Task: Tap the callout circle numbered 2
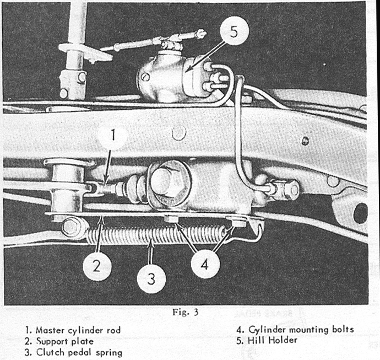[97, 266]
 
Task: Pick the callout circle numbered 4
[205, 264]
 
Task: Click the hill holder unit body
[165, 77]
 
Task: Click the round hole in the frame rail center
[177, 133]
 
